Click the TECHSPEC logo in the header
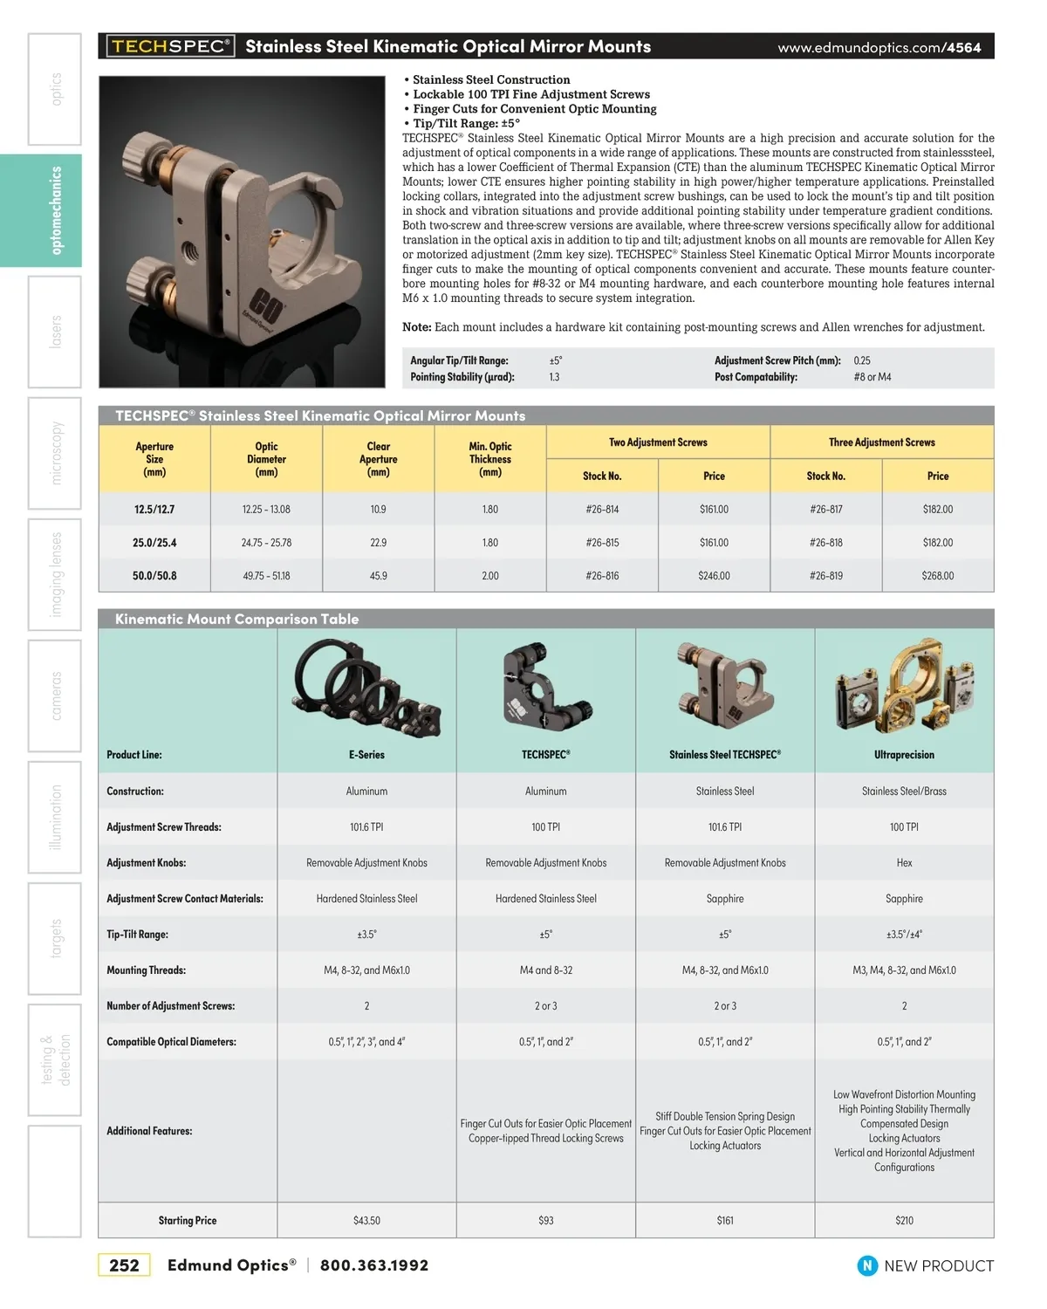pyautogui.click(x=170, y=46)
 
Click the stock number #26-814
pyautogui.click(x=602, y=510)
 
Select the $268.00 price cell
pyautogui.click(x=937, y=576)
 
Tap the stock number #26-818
pyautogui.click(x=825, y=543)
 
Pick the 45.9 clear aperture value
pyautogui.click(x=378, y=576)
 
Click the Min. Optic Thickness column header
pyautogui.click(x=490, y=459)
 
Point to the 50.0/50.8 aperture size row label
pyautogui.click(x=154, y=576)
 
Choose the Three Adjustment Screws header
pyautogui.click(x=881, y=442)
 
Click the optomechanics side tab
pyautogui.click(x=56, y=210)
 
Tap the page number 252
pyautogui.click(x=124, y=1265)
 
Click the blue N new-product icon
pyautogui.click(x=867, y=1265)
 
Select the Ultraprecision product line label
pyautogui.click(x=904, y=755)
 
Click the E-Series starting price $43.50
pyautogui.click(x=366, y=1221)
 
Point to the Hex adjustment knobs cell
pyautogui.click(x=904, y=863)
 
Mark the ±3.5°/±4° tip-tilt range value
pyautogui.click(x=904, y=935)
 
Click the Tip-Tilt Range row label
pyautogui.click(x=138, y=935)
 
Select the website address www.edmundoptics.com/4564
pyautogui.click(x=879, y=47)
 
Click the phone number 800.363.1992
pyautogui.click(x=374, y=1265)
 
